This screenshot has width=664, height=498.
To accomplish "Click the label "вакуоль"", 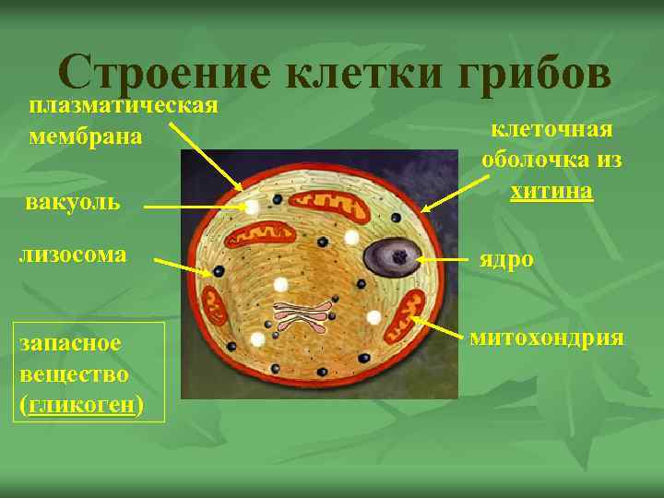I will click(x=73, y=200).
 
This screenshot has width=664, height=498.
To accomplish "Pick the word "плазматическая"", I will click(x=123, y=103).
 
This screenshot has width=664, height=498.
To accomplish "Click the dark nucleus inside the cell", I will click(x=394, y=255).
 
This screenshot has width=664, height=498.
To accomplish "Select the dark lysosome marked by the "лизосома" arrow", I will click(x=219, y=273).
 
